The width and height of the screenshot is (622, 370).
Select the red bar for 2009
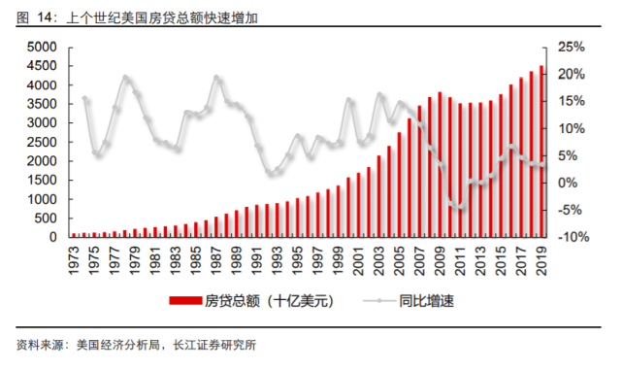440,165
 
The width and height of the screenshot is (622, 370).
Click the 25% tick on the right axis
573,48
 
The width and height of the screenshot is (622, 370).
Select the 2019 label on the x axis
541,257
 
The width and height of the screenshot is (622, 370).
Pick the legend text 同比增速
427,301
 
